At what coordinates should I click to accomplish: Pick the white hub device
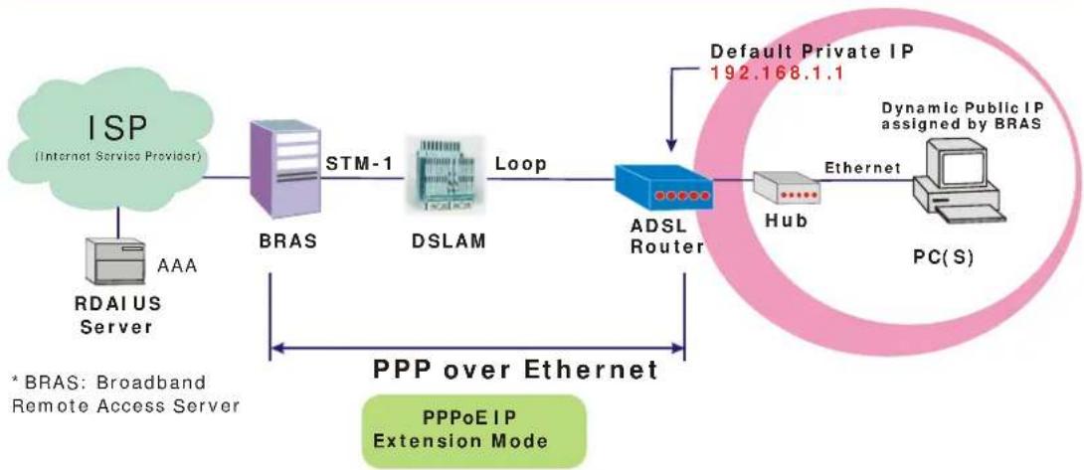[786, 189]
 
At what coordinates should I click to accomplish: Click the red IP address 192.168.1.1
[777, 72]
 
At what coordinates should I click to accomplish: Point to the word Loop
[520, 165]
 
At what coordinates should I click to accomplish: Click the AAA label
[178, 264]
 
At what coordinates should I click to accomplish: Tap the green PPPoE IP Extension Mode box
[474, 431]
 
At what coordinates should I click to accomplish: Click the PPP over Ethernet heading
[516, 369]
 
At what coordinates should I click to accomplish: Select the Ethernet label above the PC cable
[863, 167]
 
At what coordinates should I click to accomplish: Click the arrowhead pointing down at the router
[670, 144]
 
